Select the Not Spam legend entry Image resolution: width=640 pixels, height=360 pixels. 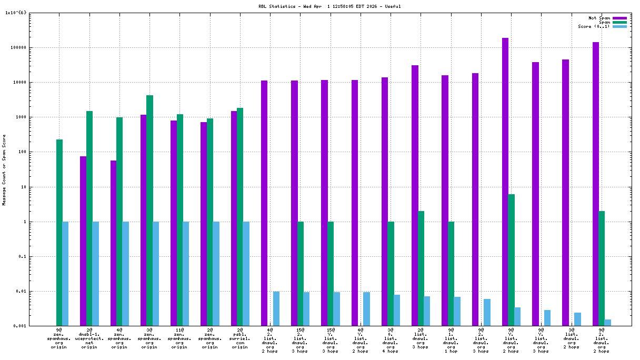click(x=599, y=18)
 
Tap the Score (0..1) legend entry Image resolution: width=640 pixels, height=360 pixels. click(x=594, y=26)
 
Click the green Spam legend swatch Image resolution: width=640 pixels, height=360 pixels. click(x=619, y=22)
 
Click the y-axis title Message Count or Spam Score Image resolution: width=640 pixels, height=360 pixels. click(x=4, y=169)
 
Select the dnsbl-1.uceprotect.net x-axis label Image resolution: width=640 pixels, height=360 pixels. click(x=89, y=338)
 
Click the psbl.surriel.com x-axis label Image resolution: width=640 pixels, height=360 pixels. click(x=239, y=338)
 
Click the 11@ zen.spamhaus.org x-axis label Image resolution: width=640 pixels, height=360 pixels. click(x=179, y=338)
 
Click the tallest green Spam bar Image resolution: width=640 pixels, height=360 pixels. click(x=149, y=211)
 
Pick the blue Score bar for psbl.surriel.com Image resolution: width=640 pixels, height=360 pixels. click(x=246, y=274)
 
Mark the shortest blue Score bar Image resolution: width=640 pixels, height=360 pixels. click(x=607, y=323)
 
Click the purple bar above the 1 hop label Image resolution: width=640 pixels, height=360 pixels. click(x=445, y=200)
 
